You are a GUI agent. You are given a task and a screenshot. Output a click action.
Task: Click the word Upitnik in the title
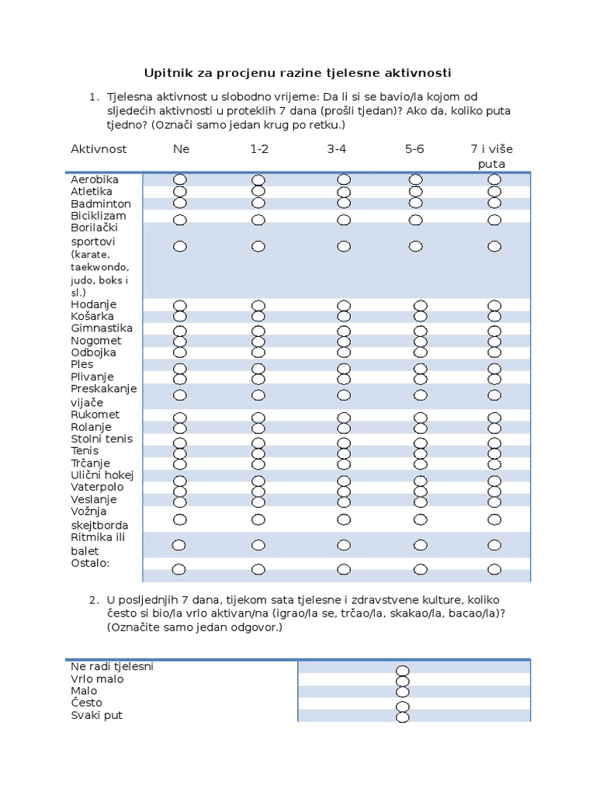coord(166,73)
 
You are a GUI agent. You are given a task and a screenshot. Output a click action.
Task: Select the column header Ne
coord(181,148)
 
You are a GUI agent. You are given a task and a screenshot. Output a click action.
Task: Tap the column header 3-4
coord(337,148)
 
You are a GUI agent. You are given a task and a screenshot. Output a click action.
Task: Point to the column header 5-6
coord(414,148)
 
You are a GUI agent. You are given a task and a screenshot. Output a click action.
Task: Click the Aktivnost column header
coord(99,148)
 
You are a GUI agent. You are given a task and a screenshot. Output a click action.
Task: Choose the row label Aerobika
coord(95,179)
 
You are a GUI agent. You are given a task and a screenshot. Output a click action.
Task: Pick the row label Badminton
coord(101,203)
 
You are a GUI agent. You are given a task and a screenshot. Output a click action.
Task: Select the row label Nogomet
coord(96,340)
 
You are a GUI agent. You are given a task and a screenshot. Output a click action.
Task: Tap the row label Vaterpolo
coord(98,487)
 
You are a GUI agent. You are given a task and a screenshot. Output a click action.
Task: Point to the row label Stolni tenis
coord(102,439)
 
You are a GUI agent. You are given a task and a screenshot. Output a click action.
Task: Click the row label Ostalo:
coord(90,562)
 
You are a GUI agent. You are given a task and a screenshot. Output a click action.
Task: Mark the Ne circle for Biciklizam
coord(180,220)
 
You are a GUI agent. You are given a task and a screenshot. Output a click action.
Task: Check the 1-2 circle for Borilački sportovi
coord(258,247)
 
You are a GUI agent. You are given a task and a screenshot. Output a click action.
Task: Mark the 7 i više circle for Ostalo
coord(494,569)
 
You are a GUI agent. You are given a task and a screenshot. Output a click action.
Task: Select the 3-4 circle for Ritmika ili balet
coord(344,544)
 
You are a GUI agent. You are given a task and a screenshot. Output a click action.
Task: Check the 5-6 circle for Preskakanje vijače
coord(421,395)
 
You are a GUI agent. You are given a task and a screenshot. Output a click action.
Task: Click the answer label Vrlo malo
coord(97,679)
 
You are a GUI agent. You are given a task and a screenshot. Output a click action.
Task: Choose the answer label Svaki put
coord(97,715)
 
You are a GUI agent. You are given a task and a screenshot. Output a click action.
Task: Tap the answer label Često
coord(86,703)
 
